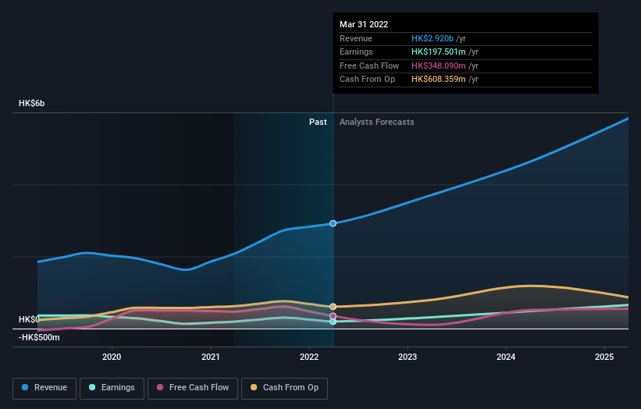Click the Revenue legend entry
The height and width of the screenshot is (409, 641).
[x=45, y=387]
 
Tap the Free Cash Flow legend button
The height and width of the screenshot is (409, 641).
[x=191, y=387]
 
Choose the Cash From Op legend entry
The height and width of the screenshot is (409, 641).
[x=284, y=387]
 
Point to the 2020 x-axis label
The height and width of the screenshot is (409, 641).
[x=112, y=357]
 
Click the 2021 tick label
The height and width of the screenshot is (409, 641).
[x=210, y=357]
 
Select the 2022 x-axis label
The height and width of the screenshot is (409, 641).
[x=309, y=357]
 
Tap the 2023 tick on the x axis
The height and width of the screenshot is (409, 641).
[x=408, y=357]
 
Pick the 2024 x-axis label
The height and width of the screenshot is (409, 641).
[x=506, y=357]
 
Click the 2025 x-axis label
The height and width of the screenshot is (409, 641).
[x=604, y=357]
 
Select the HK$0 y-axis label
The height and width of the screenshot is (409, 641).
[x=30, y=319]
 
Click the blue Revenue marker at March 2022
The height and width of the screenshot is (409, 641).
[x=333, y=223]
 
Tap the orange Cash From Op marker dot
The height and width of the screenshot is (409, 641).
[x=333, y=307]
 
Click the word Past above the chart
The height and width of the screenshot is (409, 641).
[x=318, y=122]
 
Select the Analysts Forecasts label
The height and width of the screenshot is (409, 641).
[x=376, y=122]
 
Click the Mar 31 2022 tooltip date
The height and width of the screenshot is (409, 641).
[x=364, y=25]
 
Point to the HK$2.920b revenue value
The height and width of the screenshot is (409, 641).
[x=439, y=39]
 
